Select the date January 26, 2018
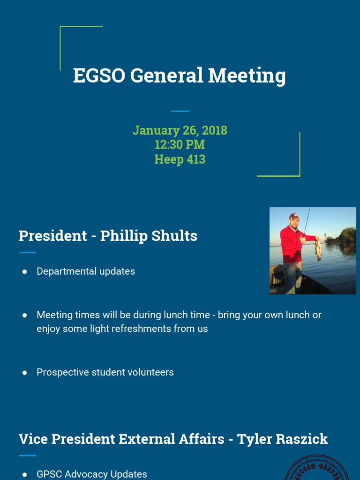[x=180, y=130]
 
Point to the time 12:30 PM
[x=180, y=144]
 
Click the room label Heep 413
[x=180, y=159]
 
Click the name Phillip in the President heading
[x=123, y=236]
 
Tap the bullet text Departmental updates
[x=86, y=271]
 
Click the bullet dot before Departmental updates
[x=24, y=272]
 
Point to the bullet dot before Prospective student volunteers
[x=24, y=373]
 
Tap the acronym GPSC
[x=51, y=474]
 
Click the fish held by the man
[x=318, y=249]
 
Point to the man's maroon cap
[x=294, y=217]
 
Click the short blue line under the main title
[x=180, y=111]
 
